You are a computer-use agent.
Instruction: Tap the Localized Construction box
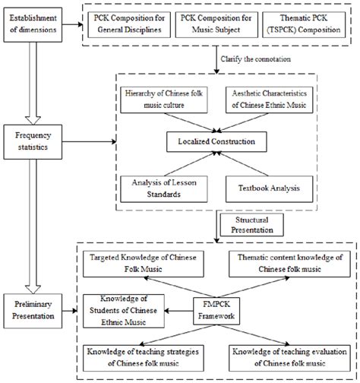(219, 141)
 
